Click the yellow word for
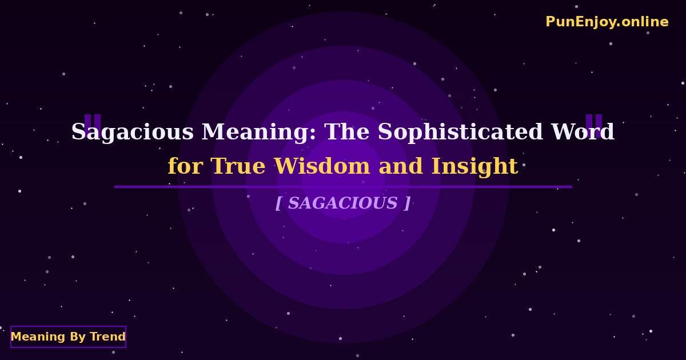click(x=185, y=167)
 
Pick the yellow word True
click(x=240, y=167)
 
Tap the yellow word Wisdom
click(x=323, y=167)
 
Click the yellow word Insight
click(x=474, y=167)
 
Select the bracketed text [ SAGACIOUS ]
click(x=343, y=203)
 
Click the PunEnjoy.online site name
click(x=607, y=22)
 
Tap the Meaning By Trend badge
click(x=68, y=337)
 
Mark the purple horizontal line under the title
click(x=343, y=187)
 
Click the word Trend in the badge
click(x=107, y=337)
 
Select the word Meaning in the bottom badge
click(x=38, y=337)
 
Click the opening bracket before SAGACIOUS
click(x=278, y=203)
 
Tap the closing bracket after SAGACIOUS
click(x=407, y=203)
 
